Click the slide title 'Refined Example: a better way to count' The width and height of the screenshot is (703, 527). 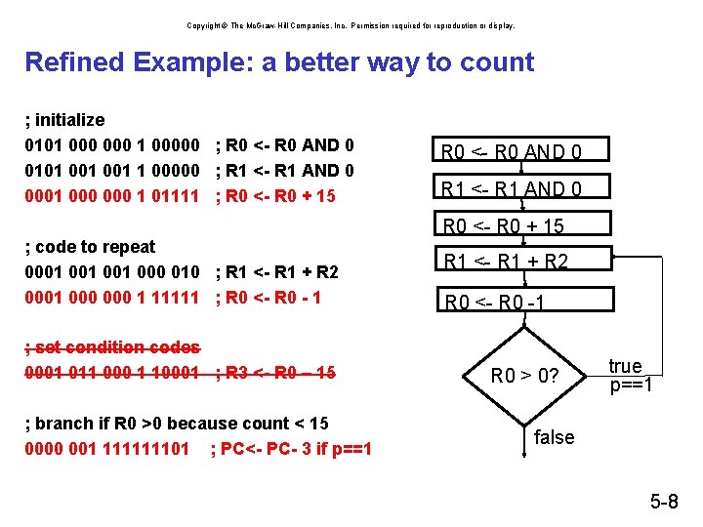pos(279,62)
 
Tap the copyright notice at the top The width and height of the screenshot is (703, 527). pos(351,25)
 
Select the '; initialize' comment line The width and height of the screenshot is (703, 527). pos(64,120)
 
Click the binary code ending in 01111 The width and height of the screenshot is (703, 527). pos(112,196)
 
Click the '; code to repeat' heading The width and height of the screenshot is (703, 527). pos(90,247)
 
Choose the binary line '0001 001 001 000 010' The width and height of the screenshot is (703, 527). pos(112,272)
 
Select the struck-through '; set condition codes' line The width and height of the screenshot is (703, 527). pos(112,347)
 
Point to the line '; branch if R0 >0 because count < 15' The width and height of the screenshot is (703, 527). pos(176,424)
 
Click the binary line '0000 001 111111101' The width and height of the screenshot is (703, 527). pos(107,449)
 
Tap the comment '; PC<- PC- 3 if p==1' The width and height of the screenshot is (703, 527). pos(291,449)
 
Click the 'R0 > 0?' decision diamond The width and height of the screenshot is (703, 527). pos(524,375)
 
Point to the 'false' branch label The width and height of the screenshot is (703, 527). pos(555,437)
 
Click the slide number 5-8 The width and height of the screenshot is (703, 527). pos(664,503)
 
